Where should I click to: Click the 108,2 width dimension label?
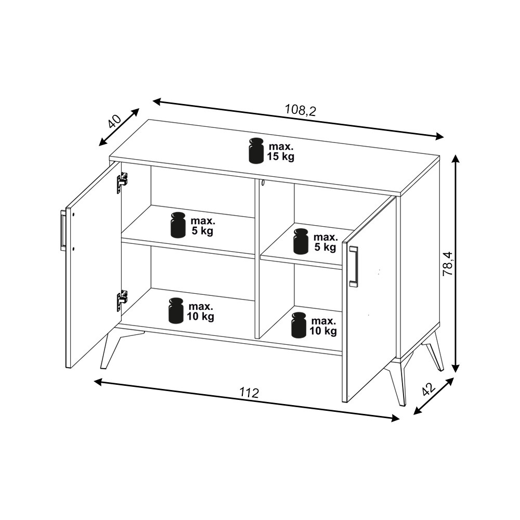(301, 110)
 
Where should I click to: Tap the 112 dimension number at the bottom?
(249, 393)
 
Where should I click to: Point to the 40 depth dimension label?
(114, 121)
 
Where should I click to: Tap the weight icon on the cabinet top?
(256, 151)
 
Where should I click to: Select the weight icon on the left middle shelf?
(178, 225)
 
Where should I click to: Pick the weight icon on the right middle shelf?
(301, 241)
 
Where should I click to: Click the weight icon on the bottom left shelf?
(176, 310)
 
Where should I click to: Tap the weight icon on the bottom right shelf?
(299, 325)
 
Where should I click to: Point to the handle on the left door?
(63, 229)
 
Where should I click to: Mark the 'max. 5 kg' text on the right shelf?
(325, 242)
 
